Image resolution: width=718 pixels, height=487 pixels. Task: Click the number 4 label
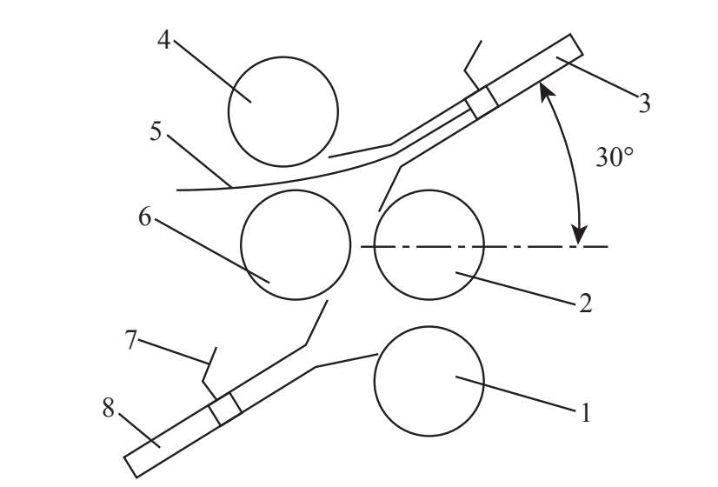click(163, 40)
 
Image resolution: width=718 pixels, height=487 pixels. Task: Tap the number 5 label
click(156, 132)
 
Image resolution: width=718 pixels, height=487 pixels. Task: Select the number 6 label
click(144, 217)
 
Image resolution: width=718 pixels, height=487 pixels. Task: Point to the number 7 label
click(131, 340)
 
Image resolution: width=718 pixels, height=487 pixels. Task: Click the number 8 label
click(109, 408)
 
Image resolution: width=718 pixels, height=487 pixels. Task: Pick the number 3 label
click(643, 104)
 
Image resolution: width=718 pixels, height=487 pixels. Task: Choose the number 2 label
click(585, 303)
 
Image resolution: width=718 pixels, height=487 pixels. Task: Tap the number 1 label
click(585, 412)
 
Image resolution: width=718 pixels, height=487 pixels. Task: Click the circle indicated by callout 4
click(283, 111)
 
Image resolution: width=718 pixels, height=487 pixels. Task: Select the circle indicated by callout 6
click(296, 245)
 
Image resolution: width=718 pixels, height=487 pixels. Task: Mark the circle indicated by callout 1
click(429, 381)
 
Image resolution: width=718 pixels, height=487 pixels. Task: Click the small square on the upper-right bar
click(481, 102)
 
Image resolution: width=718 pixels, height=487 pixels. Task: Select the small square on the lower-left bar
click(225, 410)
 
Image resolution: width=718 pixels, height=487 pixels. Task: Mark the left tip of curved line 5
click(177, 189)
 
